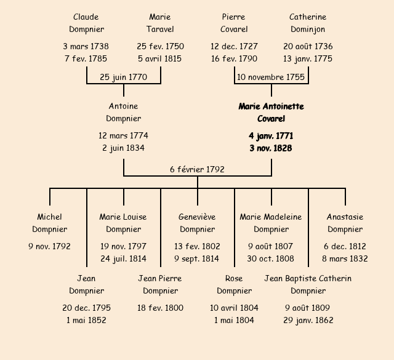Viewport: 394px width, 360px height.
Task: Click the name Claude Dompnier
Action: point(86,23)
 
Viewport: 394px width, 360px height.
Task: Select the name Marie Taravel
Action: point(160,23)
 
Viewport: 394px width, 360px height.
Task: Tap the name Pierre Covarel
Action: point(234,23)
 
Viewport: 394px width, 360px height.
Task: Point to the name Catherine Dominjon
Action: point(308,23)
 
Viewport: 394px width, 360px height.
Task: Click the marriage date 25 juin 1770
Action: point(123,77)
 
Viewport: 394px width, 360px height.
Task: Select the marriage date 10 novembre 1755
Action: point(271,77)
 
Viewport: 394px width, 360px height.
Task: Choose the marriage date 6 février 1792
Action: point(197,169)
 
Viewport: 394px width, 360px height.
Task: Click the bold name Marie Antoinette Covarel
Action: point(271,113)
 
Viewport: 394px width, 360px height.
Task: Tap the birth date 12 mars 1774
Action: point(123,135)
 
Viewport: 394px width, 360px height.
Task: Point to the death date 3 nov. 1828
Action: point(271,148)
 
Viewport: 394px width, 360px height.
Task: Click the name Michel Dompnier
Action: point(49,223)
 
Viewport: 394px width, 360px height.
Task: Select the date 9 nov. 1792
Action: point(49,246)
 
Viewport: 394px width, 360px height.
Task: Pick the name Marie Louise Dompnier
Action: point(123,223)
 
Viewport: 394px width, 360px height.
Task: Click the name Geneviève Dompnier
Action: point(197,223)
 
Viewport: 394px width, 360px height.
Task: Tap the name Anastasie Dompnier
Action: point(345,223)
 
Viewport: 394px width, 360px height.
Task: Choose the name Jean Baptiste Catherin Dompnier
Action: point(308,284)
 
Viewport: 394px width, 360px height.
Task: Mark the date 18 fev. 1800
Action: point(160,308)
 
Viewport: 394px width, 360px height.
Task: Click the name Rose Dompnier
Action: point(234,284)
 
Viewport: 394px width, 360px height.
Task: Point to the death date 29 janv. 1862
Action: point(308,320)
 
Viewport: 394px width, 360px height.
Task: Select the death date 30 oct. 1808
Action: point(271,258)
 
